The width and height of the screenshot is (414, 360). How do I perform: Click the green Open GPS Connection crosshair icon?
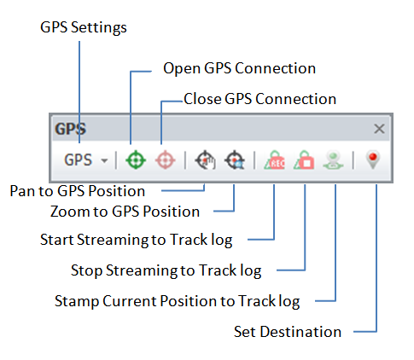click(136, 160)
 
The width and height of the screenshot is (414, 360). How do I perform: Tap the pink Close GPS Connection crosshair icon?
click(166, 160)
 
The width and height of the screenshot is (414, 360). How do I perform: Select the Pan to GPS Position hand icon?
click(205, 160)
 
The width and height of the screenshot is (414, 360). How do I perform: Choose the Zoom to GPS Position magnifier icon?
click(235, 160)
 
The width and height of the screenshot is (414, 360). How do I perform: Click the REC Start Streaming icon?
click(274, 160)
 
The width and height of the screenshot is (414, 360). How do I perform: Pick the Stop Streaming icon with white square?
click(304, 160)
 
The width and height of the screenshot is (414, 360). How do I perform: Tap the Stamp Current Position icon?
click(333, 160)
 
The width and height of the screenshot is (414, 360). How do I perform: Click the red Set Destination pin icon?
click(373, 160)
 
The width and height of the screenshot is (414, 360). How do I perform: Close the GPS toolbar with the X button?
click(379, 129)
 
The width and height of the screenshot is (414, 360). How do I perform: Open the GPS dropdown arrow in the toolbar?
click(105, 160)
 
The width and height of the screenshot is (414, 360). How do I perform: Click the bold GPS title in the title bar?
click(70, 129)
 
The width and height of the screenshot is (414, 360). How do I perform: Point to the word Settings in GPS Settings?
click(99, 28)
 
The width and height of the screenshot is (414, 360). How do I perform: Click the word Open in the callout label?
click(182, 69)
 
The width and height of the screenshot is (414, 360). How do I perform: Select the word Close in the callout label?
click(202, 99)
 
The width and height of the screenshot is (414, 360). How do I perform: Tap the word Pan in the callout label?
click(22, 191)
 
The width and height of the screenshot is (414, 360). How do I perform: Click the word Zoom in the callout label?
click(70, 212)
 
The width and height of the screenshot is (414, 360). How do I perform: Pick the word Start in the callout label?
click(57, 240)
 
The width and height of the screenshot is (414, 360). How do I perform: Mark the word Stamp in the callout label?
click(77, 301)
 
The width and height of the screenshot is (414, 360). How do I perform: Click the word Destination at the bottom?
click(300, 332)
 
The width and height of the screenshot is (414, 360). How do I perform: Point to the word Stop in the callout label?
click(86, 270)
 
